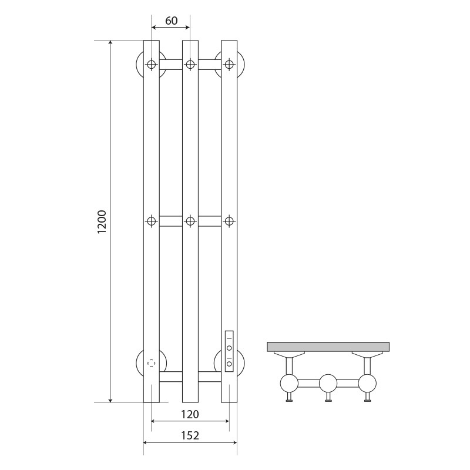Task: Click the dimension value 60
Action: [171, 21]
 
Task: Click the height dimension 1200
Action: [102, 222]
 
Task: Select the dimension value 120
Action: [190, 414]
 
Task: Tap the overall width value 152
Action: [190, 435]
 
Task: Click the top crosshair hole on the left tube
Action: [152, 64]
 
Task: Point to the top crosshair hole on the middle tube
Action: [190, 64]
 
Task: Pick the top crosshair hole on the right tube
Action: [229, 64]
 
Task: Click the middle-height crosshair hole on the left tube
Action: [152, 221]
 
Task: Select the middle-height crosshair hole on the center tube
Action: [190, 221]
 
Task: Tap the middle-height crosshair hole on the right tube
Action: [229, 221]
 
